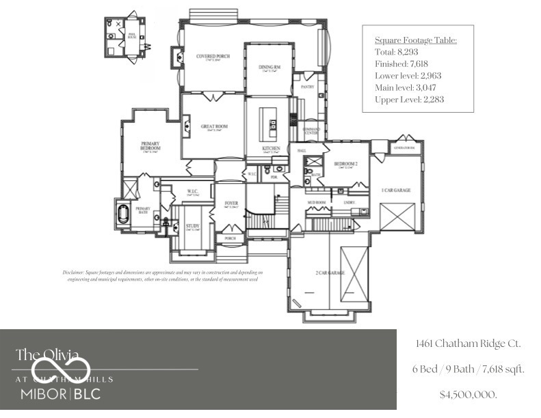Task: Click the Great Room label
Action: click(213, 126)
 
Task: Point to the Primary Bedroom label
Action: click(150, 145)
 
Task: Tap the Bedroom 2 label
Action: click(345, 164)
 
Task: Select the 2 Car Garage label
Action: click(330, 273)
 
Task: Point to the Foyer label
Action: click(230, 204)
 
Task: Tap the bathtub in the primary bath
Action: click(124, 213)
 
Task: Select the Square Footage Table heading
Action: click(416, 40)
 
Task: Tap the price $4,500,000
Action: click(469, 395)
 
